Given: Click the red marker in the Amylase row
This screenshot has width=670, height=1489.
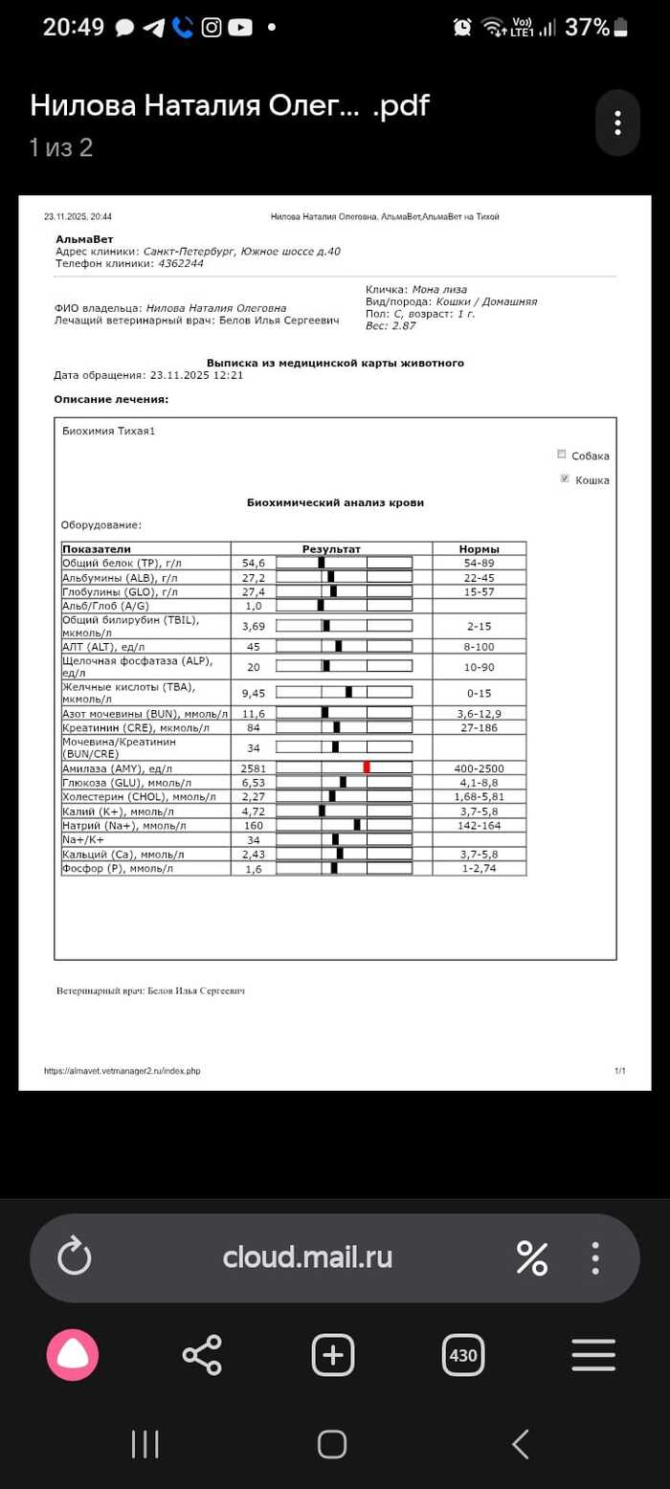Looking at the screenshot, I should point(367,767).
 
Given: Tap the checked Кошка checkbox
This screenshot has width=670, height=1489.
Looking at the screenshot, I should point(563,478).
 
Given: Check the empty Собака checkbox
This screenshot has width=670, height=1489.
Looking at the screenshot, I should point(563,455).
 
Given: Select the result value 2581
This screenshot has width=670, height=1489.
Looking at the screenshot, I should point(254,767).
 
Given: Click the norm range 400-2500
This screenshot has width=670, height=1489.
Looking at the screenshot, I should point(480,767).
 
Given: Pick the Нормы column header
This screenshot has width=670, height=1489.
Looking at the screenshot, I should point(479,548).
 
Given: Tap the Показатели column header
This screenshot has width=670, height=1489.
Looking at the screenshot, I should point(96,548).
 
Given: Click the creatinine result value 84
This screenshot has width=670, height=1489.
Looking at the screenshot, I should point(254,727).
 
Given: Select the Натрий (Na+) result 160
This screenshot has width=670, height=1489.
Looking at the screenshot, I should point(254,825).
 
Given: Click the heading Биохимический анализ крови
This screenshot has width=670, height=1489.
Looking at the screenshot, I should point(335,502).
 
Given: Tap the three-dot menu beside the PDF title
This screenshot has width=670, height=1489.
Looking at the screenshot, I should point(617,122).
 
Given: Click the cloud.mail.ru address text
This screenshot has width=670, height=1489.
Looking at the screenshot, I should point(307,1256).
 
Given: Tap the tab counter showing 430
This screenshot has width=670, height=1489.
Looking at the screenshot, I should point(463,1355).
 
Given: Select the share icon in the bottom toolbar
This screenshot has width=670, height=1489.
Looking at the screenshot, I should point(202,1355).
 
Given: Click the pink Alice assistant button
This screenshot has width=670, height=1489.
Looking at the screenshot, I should point(73,1355).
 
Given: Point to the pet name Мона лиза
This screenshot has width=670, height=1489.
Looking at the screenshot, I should point(439,289).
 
